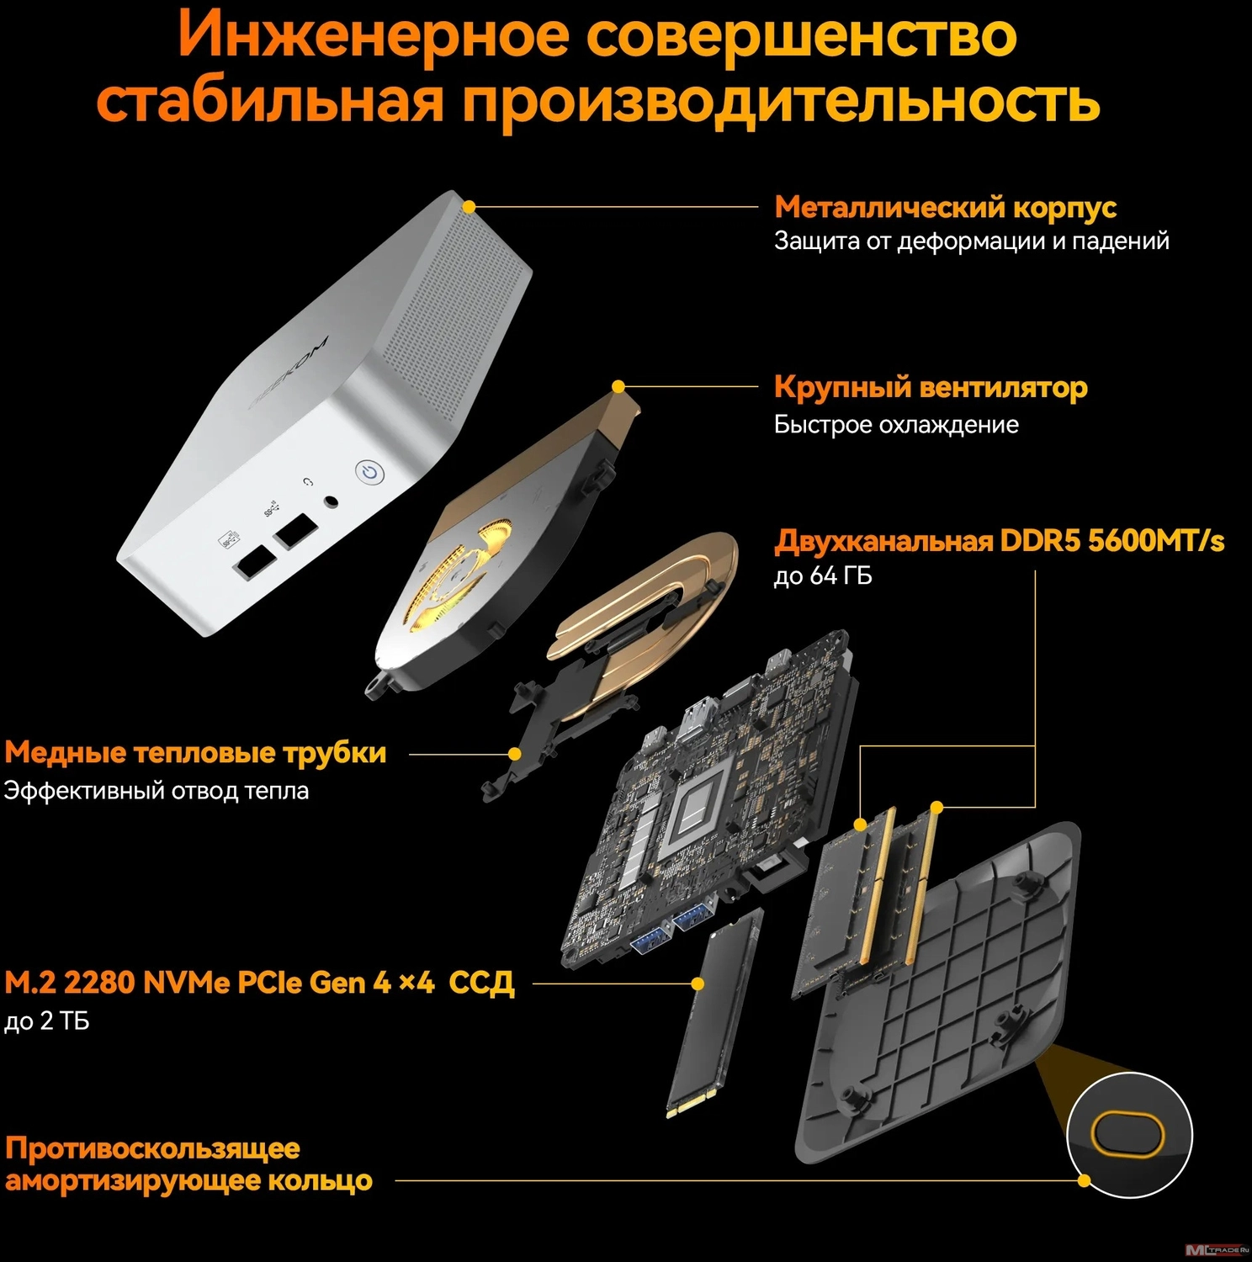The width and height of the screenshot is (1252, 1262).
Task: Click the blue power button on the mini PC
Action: coord(369,473)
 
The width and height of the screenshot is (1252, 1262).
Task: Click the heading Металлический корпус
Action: coord(946,207)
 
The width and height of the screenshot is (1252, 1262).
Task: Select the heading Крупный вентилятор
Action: coord(931,388)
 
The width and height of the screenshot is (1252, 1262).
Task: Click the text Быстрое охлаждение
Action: coord(896,424)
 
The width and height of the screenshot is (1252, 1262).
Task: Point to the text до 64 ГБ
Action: coord(823,575)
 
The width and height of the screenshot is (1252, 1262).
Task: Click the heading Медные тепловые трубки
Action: coord(195,752)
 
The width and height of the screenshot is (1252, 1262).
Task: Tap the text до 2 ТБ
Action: coord(47,1021)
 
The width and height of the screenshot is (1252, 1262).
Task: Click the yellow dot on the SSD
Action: coord(698,983)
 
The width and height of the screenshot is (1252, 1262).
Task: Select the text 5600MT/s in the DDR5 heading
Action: coord(1156,540)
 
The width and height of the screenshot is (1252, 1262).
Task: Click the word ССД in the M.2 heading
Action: coord(480,983)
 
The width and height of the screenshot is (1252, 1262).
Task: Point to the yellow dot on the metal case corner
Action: coord(469,206)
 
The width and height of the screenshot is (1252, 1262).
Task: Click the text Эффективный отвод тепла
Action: coord(156,791)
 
